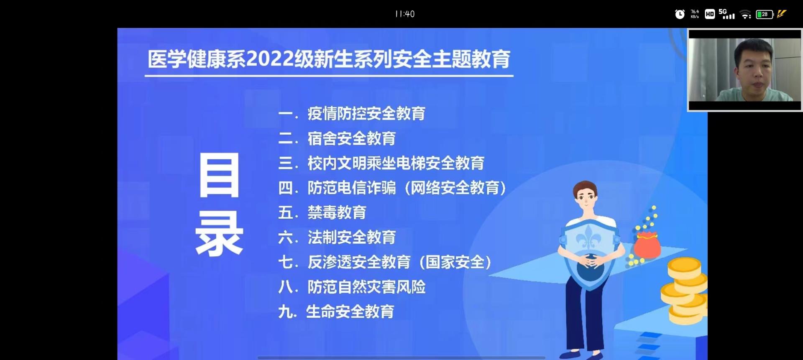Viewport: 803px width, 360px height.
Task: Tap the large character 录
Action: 219,233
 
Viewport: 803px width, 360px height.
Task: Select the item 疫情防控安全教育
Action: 366,113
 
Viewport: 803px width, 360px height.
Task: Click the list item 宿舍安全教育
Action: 352,138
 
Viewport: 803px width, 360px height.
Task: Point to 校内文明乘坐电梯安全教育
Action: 396,163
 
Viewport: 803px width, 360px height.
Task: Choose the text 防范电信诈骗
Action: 352,188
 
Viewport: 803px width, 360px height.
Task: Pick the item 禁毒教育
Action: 337,212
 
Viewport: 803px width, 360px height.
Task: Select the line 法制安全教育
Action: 352,237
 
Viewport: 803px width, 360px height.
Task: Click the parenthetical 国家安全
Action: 455,262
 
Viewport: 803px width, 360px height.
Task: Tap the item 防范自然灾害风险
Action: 366,287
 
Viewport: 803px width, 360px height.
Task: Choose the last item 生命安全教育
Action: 350,311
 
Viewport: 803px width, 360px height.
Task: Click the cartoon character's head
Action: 585,199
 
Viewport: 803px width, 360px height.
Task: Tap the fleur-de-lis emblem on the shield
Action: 589,239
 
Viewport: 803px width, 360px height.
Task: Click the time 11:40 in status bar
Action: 405,14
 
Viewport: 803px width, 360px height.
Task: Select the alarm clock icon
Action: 680,14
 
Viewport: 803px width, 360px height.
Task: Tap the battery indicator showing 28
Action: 765,14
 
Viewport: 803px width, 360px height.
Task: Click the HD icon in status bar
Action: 710,14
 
